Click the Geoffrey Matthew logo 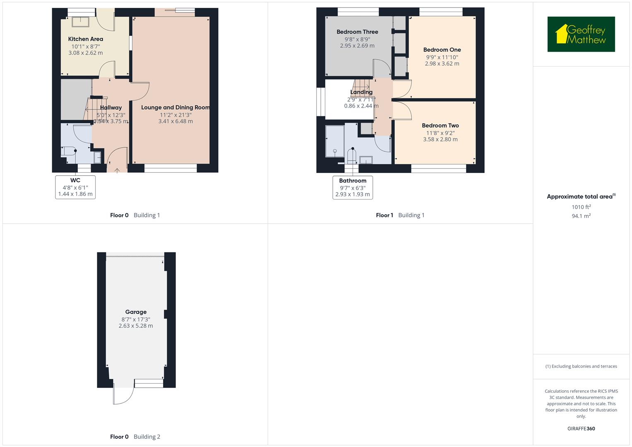coord(581,34)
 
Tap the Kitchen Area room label coord(86,39)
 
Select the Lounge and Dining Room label coord(175,108)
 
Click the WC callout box coord(75,187)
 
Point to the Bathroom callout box coord(353,187)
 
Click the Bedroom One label coord(442,50)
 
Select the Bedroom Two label coord(440,125)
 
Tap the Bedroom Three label coord(357,32)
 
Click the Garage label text coord(136,312)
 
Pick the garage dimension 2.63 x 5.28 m coord(136,326)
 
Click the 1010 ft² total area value coord(581,207)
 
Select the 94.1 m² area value coord(581,216)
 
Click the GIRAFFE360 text coord(581,428)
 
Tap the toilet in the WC coord(68,151)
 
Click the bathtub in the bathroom coord(334,142)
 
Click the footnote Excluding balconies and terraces coord(581,366)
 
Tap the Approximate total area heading coord(580,197)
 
